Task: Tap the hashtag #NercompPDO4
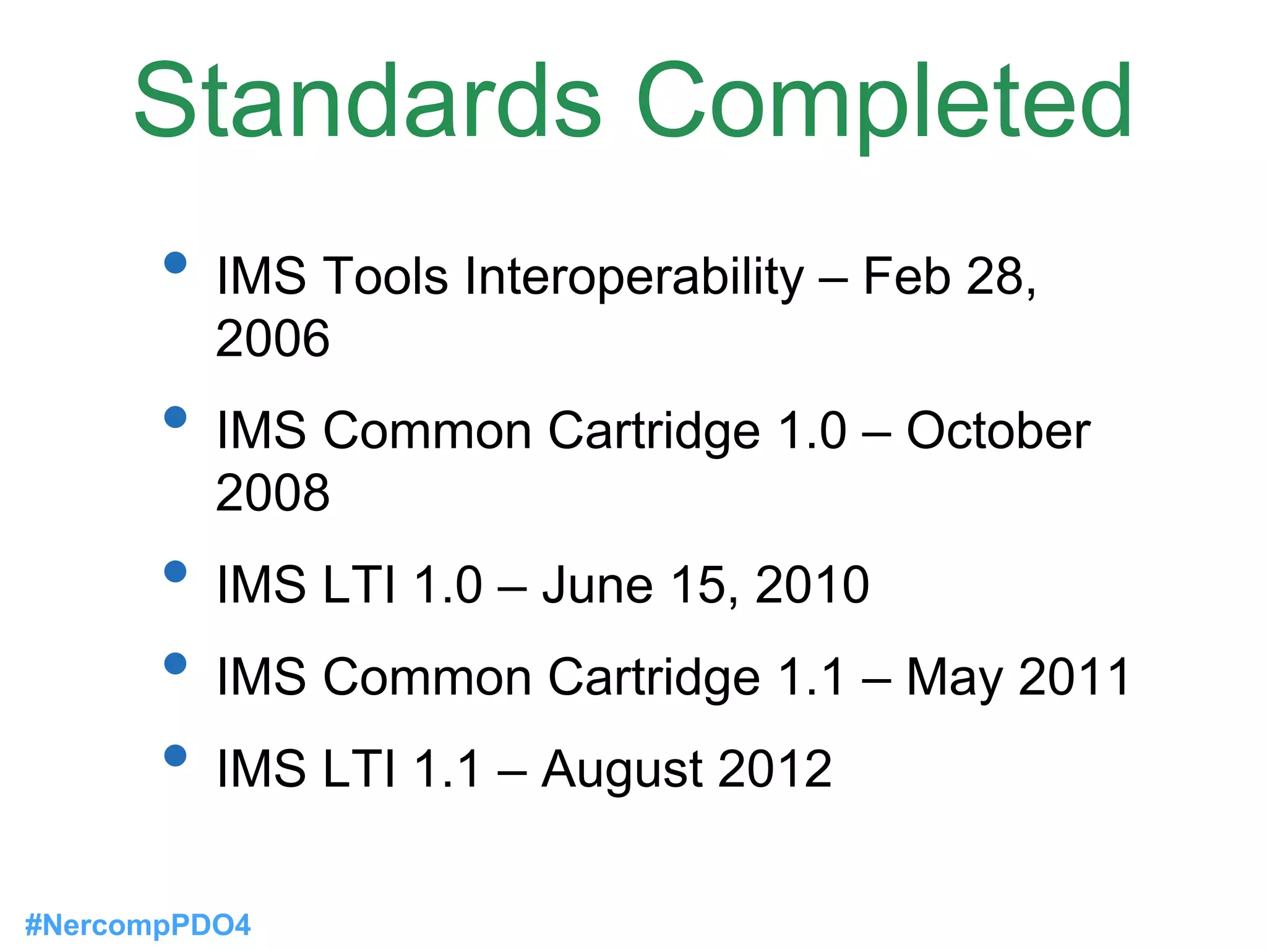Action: (137, 925)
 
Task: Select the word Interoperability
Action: (634, 276)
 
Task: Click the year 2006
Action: (272, 338)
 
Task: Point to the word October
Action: (998, 430)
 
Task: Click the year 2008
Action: (272, 493)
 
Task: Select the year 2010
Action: (812, 584)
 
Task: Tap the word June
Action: (598, 584)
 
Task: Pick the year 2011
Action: (1075, 677)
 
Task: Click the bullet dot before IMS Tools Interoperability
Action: (176, 262)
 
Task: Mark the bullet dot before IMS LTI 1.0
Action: (176, 571)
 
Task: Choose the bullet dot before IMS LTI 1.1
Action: (176, 755)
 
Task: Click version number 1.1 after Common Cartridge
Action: (811, 677)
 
